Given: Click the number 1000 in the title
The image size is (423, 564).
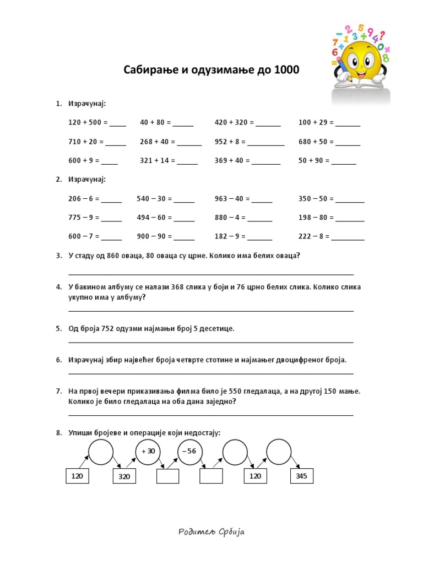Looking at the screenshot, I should click(284, 70).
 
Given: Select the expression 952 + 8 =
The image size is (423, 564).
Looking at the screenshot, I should click(230, 142).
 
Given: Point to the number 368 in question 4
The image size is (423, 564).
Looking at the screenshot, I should click(177, 287).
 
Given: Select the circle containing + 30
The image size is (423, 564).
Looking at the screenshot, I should click(148, 451).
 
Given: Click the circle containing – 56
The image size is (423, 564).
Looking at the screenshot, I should click(191, 451).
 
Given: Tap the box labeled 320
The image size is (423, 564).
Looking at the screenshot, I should click(124, 476).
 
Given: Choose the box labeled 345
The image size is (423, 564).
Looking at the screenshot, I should click(301, 476).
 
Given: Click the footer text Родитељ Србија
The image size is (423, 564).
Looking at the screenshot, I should click(211, 532).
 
